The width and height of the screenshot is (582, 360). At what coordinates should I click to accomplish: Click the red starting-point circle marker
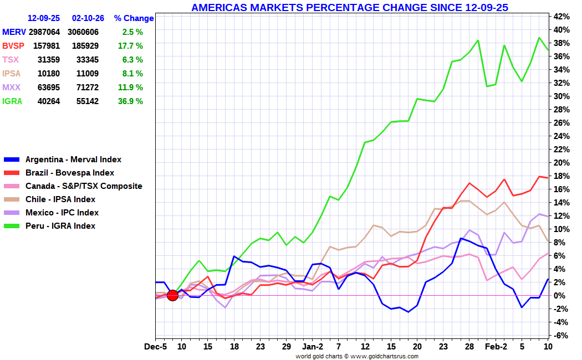[x=172, y=296]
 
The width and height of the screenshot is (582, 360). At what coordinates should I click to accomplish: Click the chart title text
[x=350, y=7]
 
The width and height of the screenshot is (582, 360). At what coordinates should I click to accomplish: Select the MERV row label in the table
[x=14, y=32]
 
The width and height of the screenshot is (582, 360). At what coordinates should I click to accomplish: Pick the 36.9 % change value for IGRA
[x=130, y=101]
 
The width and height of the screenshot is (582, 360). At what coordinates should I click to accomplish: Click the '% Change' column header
[x=134, y=18]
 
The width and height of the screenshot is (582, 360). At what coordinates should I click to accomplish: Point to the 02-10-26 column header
[x=88, y=18]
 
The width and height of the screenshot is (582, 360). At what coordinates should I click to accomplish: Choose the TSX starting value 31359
[x=49, y=60]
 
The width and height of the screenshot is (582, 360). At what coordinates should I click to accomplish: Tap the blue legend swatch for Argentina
[x=12, y=160]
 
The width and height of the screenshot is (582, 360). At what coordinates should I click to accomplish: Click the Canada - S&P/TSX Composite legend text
[x=84, y=186]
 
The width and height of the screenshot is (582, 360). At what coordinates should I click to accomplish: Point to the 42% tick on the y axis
[x=561, y=16]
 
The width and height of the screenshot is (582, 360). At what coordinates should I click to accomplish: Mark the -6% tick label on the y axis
[x=561, y=336]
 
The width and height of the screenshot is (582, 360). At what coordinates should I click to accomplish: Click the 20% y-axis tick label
[x=561, y=163]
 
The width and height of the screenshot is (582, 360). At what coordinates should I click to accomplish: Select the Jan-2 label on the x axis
[x=313, y=347]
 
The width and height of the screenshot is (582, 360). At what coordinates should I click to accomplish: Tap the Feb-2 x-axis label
[x=496, y=347]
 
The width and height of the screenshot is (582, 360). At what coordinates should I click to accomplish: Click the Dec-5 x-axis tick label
[x=156, y=347]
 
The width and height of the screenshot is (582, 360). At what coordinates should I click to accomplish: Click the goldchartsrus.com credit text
[x=357, y=356]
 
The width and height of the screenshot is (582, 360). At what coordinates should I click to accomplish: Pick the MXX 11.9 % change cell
[x=130, y=88]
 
